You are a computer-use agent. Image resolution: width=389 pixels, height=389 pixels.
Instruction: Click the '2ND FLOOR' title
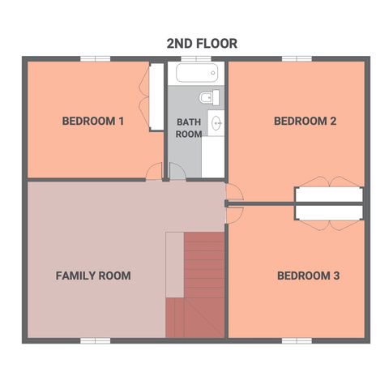(x=202, y=44)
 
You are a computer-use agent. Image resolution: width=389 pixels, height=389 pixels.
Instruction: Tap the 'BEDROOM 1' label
(x=93, y=122)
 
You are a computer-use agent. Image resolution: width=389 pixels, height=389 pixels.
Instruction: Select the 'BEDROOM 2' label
(x=305, y=122)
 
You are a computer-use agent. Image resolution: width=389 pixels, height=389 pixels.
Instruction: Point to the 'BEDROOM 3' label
(x=308, y=276)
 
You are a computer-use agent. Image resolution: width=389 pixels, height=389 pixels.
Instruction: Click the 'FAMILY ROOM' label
(x=93, y=276)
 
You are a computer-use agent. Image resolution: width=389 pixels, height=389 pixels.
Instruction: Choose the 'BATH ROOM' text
(x=189, y=128)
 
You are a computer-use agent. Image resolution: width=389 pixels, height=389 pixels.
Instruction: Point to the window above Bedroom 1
(x=96, y=58)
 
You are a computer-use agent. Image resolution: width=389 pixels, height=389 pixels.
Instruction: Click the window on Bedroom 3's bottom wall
(x=296, y=340)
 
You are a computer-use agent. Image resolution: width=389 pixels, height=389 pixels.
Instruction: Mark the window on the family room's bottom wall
(x=95, y=340)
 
